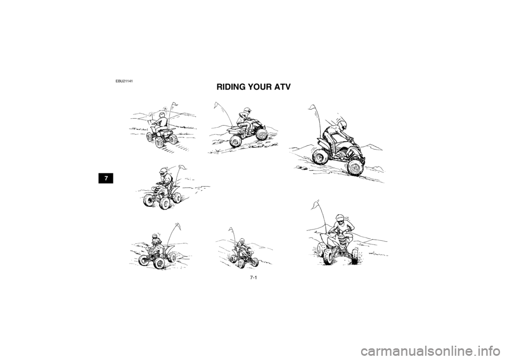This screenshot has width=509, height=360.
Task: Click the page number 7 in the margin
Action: click(x=107, y=178)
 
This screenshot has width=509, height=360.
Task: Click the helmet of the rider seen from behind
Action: click(x=161, y=116)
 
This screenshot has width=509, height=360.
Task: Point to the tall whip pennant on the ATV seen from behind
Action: click(x=173, y=105)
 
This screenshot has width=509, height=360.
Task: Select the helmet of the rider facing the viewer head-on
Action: click(x=340, y=221)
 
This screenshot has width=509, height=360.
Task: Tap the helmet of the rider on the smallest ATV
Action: click(x=241, y=242)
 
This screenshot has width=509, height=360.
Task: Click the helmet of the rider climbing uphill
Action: click(x=246, y=112)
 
